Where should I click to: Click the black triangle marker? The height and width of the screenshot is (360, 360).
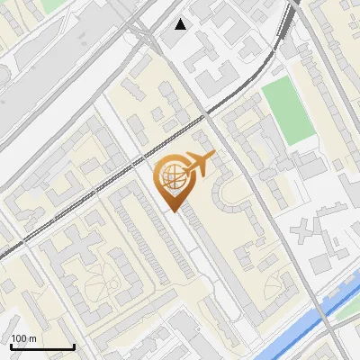pyautogui.click(x=181, y=24)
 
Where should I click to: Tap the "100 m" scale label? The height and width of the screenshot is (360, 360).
pyautogui.click(x=23, y=338)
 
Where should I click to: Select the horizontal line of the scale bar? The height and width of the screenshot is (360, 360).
pyautogui.click(x=41, y=346)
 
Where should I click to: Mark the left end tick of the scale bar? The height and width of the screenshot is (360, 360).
pyautogui.click(x=10, y=345)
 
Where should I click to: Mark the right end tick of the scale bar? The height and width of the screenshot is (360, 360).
pyautogui.click(x=74, y=345)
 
